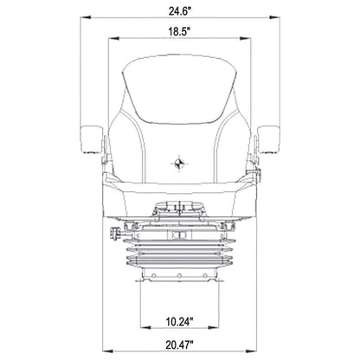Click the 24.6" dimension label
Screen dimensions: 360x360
click(180, 11)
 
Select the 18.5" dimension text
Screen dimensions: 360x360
click(179, 31)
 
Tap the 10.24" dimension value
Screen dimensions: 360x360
click(179, 321)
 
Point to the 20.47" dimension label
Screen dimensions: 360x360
click(179, 344)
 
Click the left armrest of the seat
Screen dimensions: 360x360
click(92, 139)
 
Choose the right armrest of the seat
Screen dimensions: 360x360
click(268, 139)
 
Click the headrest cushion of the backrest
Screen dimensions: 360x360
click(179, 89)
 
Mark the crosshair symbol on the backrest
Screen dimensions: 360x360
click(179, 164)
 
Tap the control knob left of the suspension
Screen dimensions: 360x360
click(115, 233)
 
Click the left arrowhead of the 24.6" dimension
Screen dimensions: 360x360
click(86, 17)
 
